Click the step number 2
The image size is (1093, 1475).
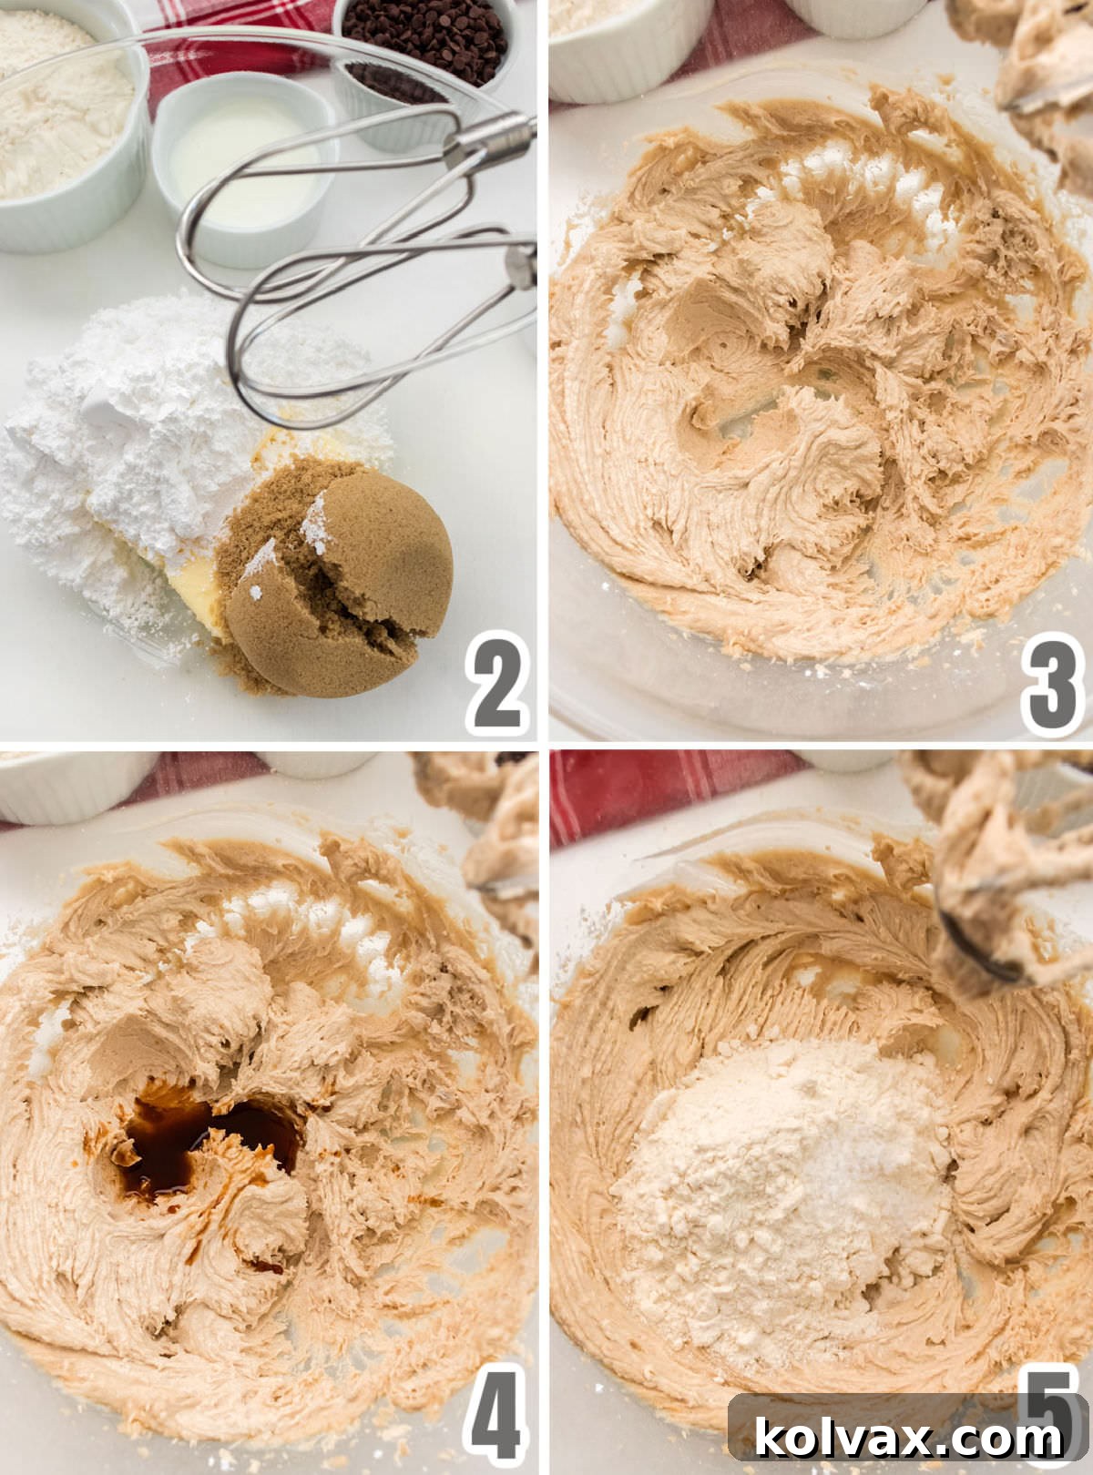tap(496, 683)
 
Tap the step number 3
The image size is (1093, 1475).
tap(1052, 683)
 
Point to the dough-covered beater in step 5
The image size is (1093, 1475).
tap(993, 874)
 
